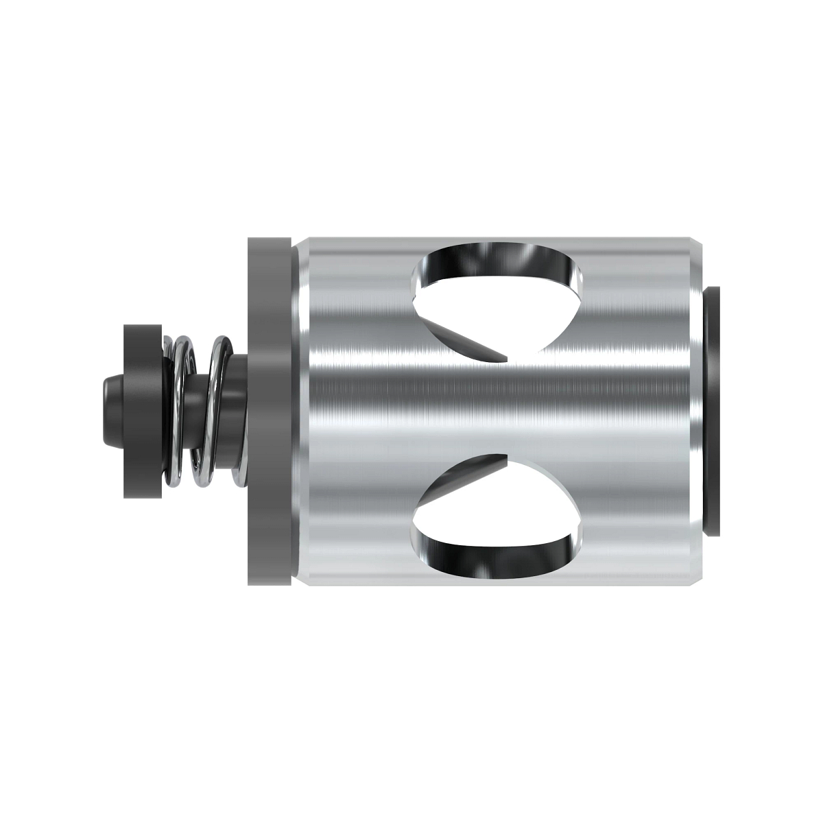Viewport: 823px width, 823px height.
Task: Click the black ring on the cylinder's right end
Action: point(713,411)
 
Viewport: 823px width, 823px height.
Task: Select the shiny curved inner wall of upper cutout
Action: point(508,264)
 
